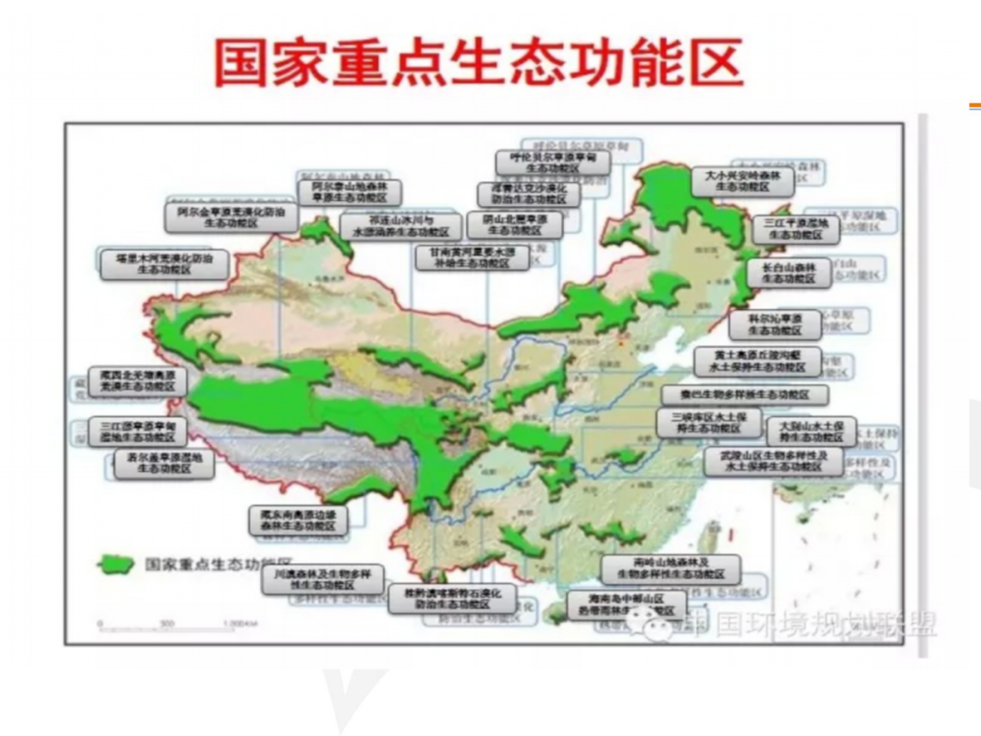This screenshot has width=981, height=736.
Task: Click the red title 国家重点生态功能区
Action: point(479,62)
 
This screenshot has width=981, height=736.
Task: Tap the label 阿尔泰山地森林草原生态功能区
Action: point(350,193)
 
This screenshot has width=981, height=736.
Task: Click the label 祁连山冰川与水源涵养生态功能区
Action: point(401,226)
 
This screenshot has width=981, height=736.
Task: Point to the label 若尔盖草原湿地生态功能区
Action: point(164,463)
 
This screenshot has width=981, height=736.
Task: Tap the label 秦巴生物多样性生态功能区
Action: point(744,394)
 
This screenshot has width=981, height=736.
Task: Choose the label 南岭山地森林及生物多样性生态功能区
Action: point(670,570)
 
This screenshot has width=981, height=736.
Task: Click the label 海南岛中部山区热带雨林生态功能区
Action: point(626,605)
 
